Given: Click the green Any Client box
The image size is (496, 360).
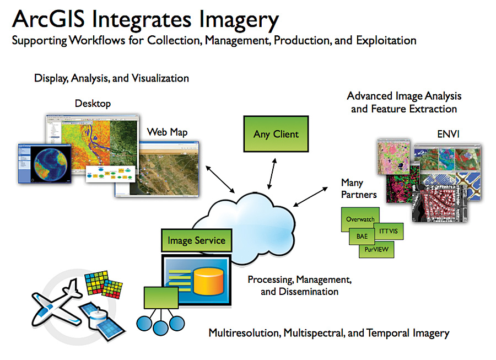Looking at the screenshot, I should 276,134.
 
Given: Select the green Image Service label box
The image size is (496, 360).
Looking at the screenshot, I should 196,240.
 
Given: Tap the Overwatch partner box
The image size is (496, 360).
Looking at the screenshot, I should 360,219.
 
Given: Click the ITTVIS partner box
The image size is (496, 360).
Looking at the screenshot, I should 387,232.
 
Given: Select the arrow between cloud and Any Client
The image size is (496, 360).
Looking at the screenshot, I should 271,172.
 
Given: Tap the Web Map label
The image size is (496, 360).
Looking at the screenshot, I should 167,132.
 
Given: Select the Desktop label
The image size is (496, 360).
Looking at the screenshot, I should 93,103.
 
